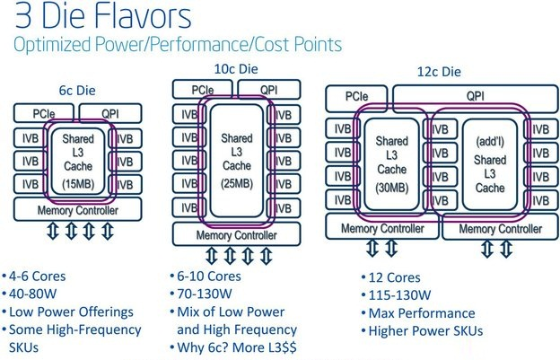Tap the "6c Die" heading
click(x=73, y=90)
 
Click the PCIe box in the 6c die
click(x=44, y=113)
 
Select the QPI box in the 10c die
click(x=268, y=90)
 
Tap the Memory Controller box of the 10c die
click(x=236, y=236)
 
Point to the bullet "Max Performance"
click(x=420, y=313)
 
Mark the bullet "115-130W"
click(x=400, y=295)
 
